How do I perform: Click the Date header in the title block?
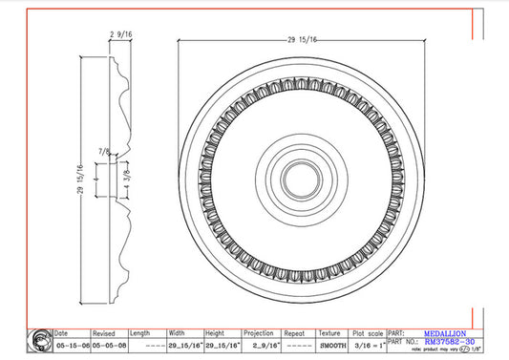tap(62, 333)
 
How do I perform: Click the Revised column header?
tap(104, 333)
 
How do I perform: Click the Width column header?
tap(178, 333)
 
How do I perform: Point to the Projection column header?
tap(260, 333)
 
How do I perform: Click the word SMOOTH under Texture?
tap(331, 346)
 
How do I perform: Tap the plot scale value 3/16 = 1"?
tap(367, 346)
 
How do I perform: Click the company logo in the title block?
tap(40, 340)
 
